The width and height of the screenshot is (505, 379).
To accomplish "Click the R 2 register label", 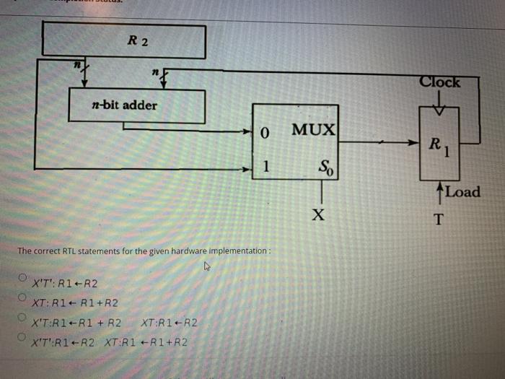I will click(x=137, y=41).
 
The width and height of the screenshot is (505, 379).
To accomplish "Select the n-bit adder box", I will click(x=136, y=105).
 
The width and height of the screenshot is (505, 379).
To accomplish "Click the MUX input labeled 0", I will click(x=264, y=134).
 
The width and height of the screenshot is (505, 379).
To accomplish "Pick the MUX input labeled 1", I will click(x=265, y=167).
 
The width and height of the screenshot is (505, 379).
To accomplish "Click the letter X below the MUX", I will click(x=319, y=216).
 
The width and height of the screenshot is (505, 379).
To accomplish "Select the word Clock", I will click(x=439, y=82).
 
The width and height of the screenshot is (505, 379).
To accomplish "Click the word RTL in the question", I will click(x=69, y=251).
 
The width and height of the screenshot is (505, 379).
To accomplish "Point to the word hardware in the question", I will click(x=186, y=251).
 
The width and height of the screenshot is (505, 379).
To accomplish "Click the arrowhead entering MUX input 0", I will click(x=247, y=134).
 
